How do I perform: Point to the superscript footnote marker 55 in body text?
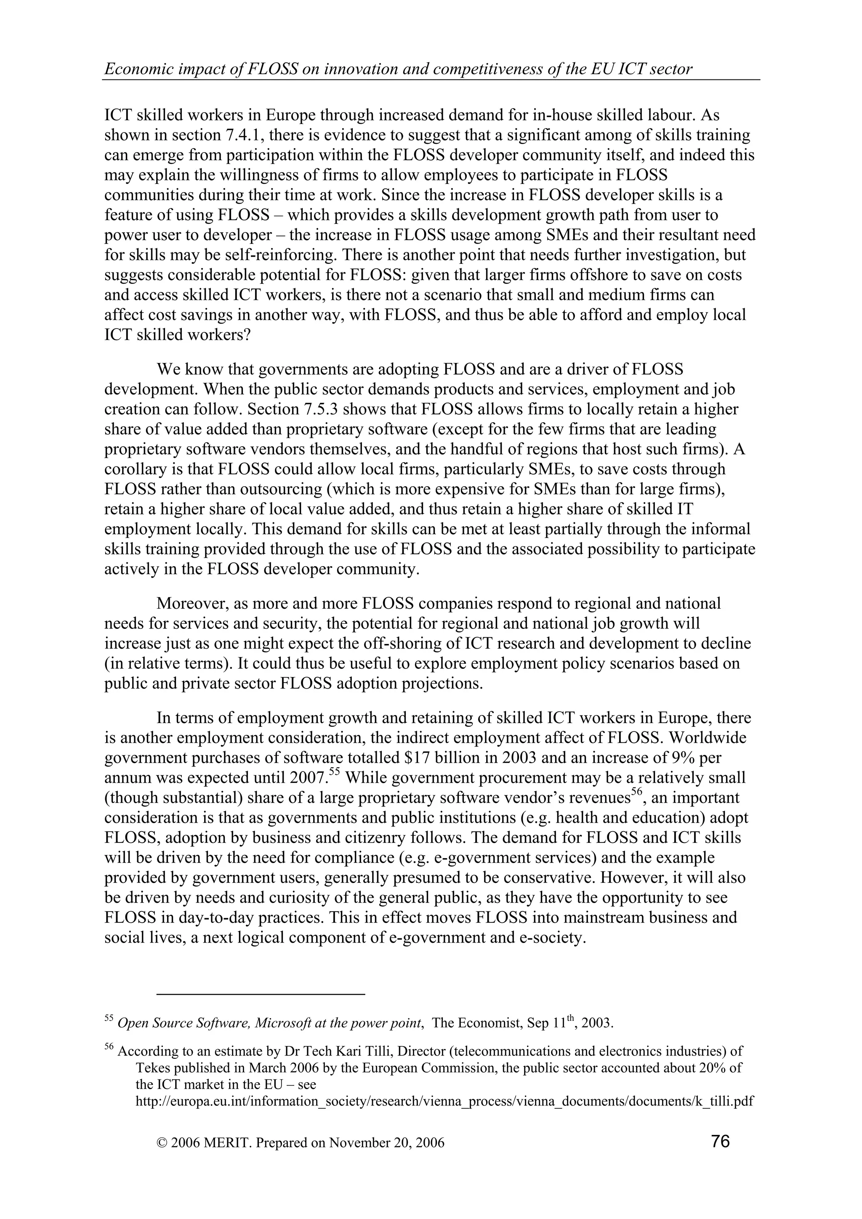(334, 772)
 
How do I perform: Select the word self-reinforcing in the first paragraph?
(277, 255)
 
